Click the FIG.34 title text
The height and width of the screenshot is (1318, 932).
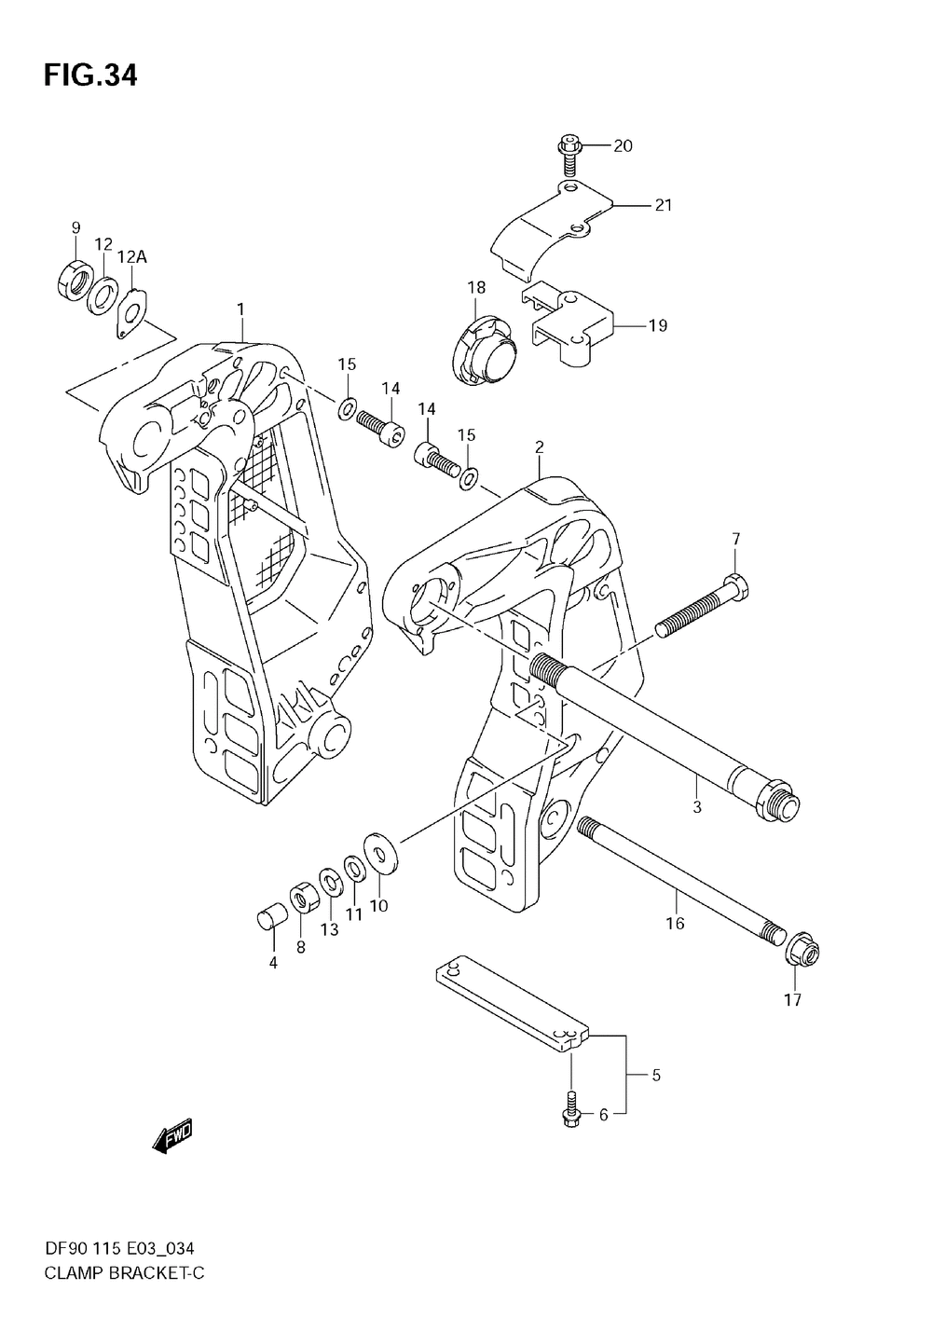(x=89, y=76)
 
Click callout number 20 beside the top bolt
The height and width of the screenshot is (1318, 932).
(x=622, y=145)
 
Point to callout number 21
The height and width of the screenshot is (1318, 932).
(x=663, y=205)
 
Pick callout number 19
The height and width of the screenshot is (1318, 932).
(x=658, y=325)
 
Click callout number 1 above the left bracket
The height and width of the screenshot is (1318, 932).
(x=240, y=309)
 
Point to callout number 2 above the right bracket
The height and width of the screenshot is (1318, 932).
(x=539, y=448)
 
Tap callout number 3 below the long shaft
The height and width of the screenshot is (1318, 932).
(x=697, y=807)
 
